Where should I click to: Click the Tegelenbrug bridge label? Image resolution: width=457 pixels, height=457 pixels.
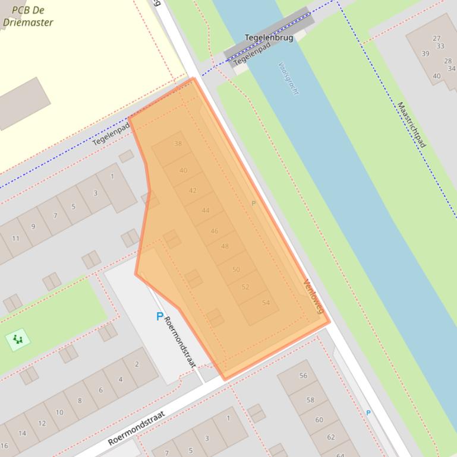269,38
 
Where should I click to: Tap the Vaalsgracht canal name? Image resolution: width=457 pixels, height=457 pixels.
288,78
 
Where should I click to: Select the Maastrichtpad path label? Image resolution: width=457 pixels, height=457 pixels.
411,125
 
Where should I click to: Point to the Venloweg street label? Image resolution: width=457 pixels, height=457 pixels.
314,296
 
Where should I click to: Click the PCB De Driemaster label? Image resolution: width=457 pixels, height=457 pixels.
27,17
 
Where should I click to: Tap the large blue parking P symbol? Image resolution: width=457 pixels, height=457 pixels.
159,316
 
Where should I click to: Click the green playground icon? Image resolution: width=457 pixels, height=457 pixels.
18,339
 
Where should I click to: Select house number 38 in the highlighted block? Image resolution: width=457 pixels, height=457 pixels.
178,144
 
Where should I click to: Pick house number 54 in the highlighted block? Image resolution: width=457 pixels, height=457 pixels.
266,303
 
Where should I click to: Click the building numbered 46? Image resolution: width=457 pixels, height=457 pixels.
214,231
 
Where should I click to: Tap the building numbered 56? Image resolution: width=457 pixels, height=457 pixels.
303,376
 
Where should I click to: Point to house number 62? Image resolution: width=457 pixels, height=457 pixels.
330,437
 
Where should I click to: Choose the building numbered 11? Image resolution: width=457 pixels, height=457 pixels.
15,239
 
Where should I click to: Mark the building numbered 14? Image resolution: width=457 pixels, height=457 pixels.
22,433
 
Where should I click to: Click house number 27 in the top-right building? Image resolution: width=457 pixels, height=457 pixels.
437,39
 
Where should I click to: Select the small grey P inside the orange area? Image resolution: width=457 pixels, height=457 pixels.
253,203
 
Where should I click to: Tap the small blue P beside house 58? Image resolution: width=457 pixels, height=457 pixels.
368,412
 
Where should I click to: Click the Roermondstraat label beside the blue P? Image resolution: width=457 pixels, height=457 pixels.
180,342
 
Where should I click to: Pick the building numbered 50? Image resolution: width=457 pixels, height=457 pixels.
236,269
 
